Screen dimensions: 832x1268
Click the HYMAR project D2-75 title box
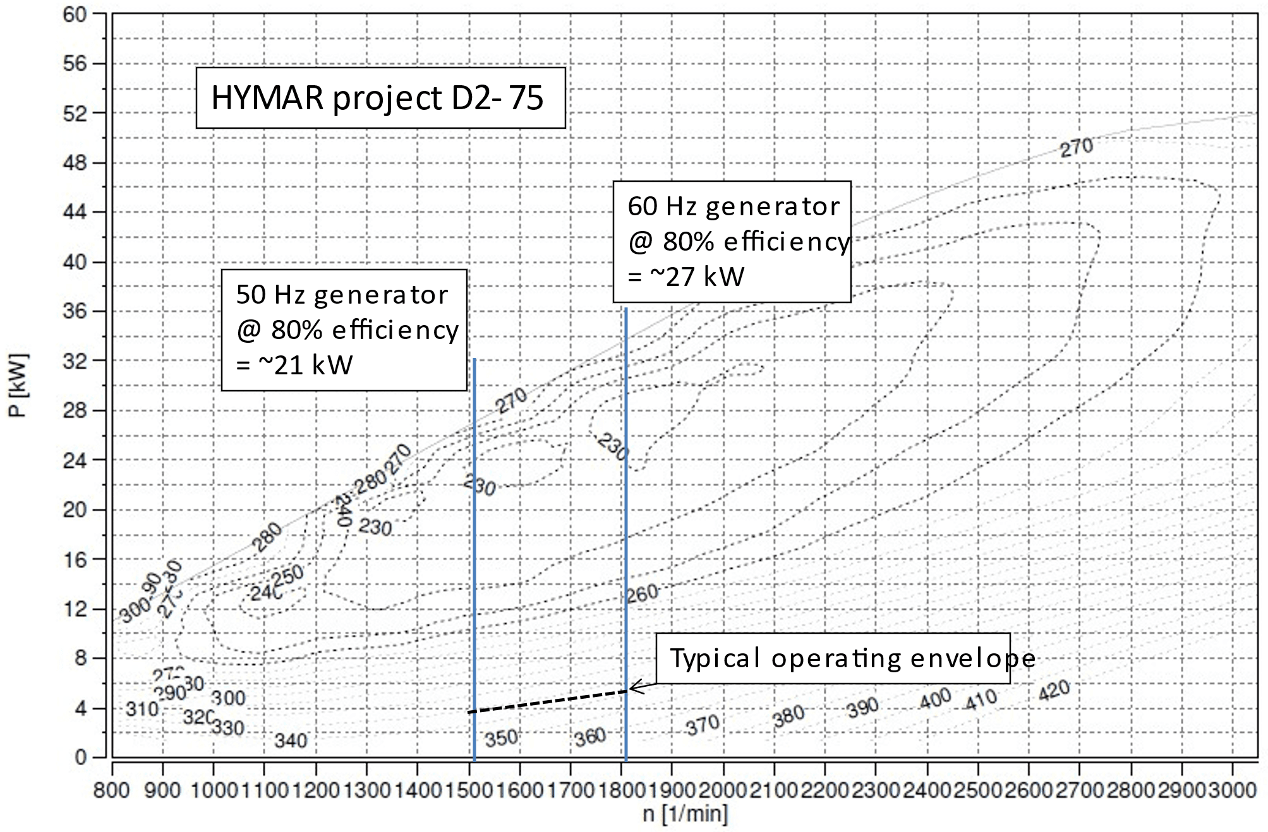click(380, 98)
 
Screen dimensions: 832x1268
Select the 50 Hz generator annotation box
click(344, 330)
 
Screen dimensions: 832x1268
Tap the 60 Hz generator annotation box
click(732, 242)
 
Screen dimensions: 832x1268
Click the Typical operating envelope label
click(852, 658)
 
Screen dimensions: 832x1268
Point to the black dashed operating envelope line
click(548, 701)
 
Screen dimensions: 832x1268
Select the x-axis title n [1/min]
click(685, 813)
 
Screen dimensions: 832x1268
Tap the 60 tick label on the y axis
click(75, 14)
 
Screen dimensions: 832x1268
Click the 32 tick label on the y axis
click(75, 361)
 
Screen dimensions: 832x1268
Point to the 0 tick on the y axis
click(81, 757)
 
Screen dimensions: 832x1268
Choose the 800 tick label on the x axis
click(112, 790)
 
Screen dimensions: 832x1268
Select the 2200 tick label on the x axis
click(824, 790)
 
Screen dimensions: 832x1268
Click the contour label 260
click(643, 593)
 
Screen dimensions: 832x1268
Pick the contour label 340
click(291, 740)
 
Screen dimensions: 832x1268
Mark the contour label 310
click(142, 709)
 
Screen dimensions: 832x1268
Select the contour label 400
click(934, 698)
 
